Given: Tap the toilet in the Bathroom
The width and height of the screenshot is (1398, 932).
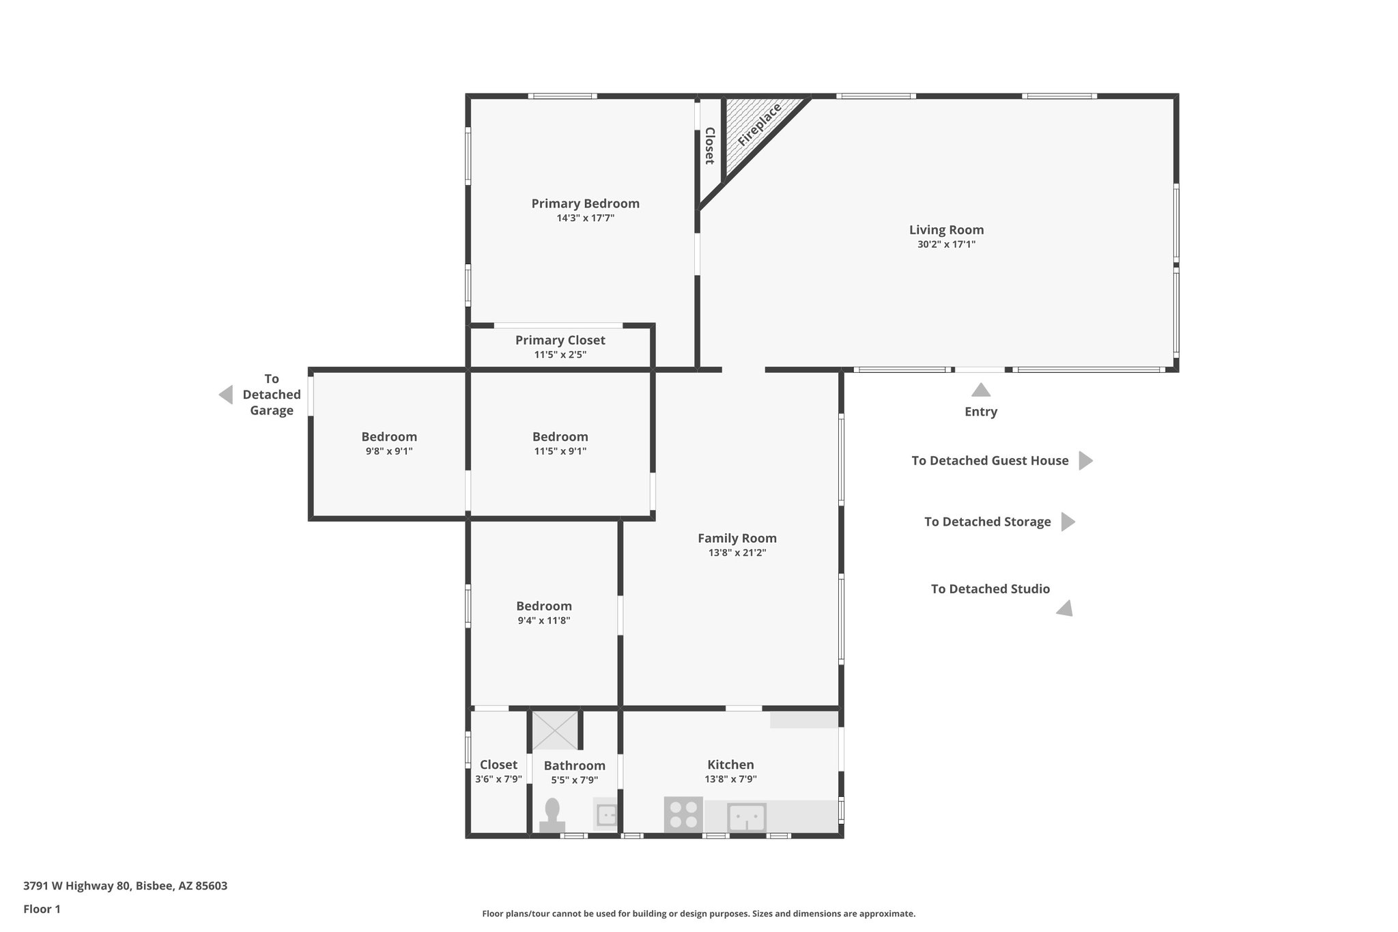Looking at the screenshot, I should click(552, 815).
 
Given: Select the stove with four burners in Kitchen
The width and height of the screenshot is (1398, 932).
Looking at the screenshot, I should click(683, 815).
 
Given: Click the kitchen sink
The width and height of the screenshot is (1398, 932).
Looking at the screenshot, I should click(746, 817).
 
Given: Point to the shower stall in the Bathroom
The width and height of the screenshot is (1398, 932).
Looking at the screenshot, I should click(555, 730).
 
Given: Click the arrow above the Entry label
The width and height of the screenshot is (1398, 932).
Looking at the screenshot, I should click(981, 391).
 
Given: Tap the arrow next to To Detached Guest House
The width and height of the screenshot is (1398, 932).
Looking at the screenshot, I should click(1085, 461).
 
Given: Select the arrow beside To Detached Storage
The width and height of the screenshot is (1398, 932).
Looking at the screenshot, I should click(1067, 522).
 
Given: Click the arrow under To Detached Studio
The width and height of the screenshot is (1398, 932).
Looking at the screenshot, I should click(1066, 609).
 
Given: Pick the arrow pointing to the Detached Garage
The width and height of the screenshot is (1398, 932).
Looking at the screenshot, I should click(226, 395).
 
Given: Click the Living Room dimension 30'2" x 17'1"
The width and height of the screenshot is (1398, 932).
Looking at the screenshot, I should click(946, 244).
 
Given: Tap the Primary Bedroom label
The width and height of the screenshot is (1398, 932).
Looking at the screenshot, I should click(585, 203).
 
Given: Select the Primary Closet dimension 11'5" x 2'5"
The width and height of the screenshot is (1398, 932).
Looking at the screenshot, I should click(560, 355).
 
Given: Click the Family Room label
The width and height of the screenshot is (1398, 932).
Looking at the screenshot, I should click(737, 538).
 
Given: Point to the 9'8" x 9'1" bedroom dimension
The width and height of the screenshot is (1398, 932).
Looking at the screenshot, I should click(389, 451).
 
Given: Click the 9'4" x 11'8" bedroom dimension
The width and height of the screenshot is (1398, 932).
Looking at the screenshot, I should click(543, 621).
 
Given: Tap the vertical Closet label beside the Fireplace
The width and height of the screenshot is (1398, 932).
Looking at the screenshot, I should click(709, 145).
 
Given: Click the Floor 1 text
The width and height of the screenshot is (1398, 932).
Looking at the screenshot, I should click(42, 909).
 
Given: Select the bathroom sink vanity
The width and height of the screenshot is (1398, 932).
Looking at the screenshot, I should click(605, 814).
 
